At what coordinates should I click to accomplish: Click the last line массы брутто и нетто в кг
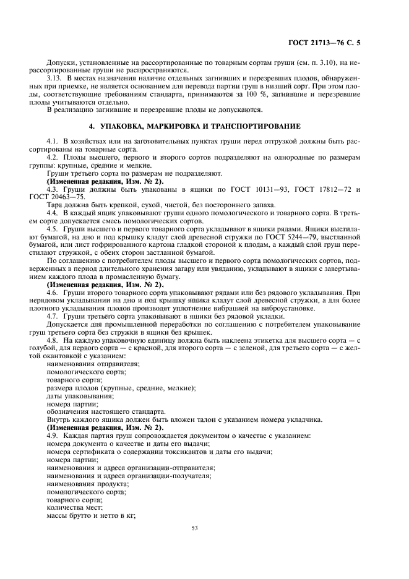(x=91, y=515)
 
